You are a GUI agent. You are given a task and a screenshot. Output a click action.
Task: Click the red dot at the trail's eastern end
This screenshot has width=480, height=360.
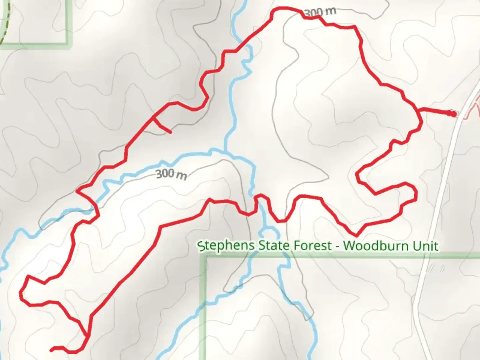(x=453, y=114)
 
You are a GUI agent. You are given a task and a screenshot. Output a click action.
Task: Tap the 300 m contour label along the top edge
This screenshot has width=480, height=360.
(x=320, y=12)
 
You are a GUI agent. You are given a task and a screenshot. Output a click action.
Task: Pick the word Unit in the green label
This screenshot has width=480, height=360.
(x=425, y=246)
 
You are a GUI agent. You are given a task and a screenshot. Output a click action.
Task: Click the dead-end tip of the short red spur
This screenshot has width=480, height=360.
(x=171, y=132)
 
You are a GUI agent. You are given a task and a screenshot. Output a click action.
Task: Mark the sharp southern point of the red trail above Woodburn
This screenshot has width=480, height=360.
(x=356, y=235)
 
